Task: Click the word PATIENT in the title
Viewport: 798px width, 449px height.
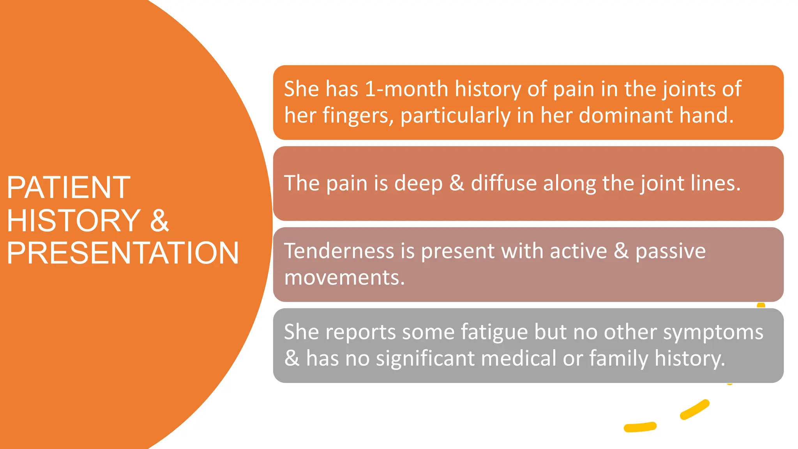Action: (x=69, y=187)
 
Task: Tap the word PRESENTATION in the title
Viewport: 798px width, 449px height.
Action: (x=123, y=253)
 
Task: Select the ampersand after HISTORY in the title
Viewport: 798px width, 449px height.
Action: (x=159, y=221)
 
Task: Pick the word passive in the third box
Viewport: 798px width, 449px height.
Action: (x=671, y=251)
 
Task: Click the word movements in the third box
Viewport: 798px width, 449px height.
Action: (x=344, y=278)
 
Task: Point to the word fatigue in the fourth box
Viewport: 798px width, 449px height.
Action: (x=494, y=332)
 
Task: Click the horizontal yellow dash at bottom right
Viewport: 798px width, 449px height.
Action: (x=640, y=427)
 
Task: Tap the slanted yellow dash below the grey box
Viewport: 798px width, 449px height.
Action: (x=694, y=410)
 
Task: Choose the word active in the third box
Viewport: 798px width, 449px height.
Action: (x=578, y=251)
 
